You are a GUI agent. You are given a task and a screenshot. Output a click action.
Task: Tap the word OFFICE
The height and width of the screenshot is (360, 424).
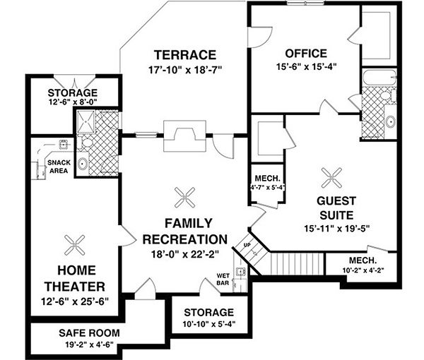305,54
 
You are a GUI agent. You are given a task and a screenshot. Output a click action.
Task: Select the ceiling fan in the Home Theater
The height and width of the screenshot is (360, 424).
74,244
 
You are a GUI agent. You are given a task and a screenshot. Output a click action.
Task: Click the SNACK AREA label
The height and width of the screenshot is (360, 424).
58,167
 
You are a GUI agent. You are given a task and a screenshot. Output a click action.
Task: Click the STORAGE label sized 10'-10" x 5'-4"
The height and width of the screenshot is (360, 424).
208,312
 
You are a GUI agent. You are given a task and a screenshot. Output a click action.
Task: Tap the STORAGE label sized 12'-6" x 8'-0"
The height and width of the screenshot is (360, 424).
73,94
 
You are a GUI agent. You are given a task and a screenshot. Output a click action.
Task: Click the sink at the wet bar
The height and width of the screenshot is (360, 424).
241,271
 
